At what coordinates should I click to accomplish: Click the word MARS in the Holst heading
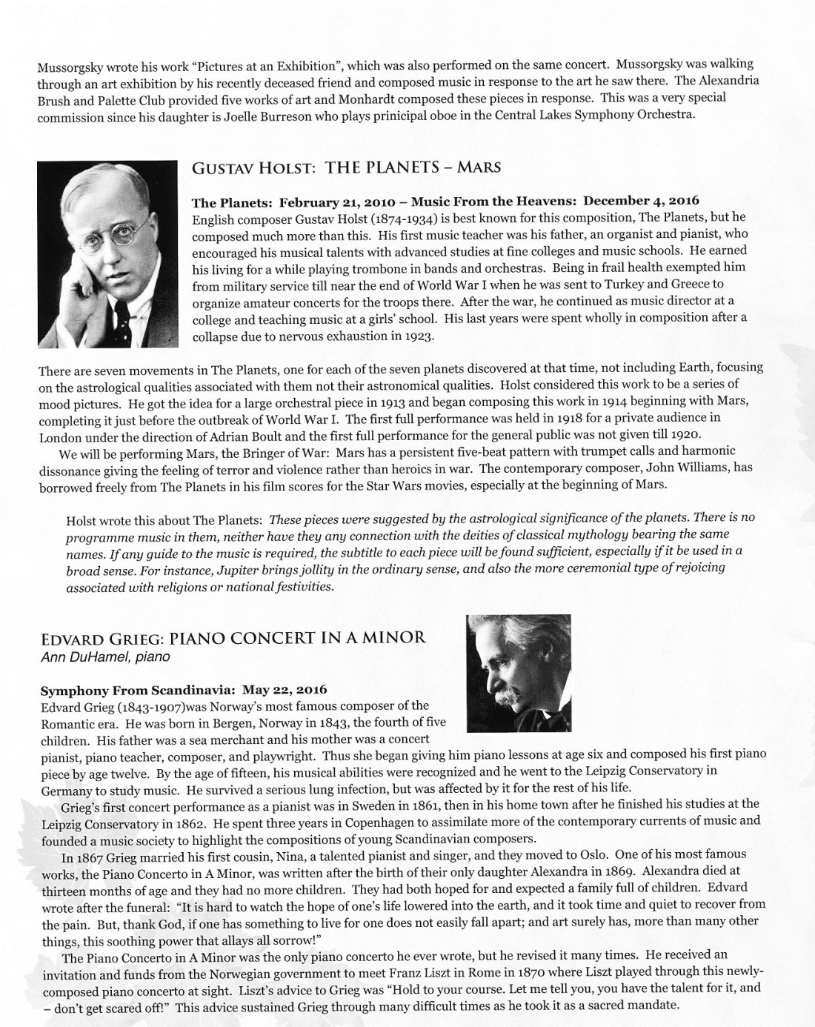pos(479,167)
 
